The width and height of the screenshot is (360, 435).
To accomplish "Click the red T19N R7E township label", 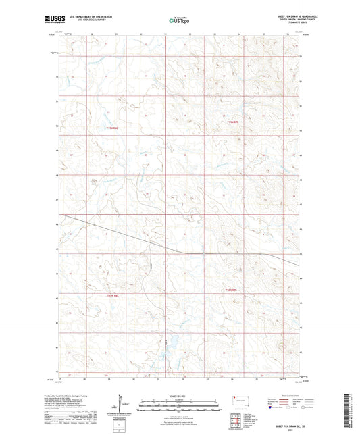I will click(233, 122).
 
